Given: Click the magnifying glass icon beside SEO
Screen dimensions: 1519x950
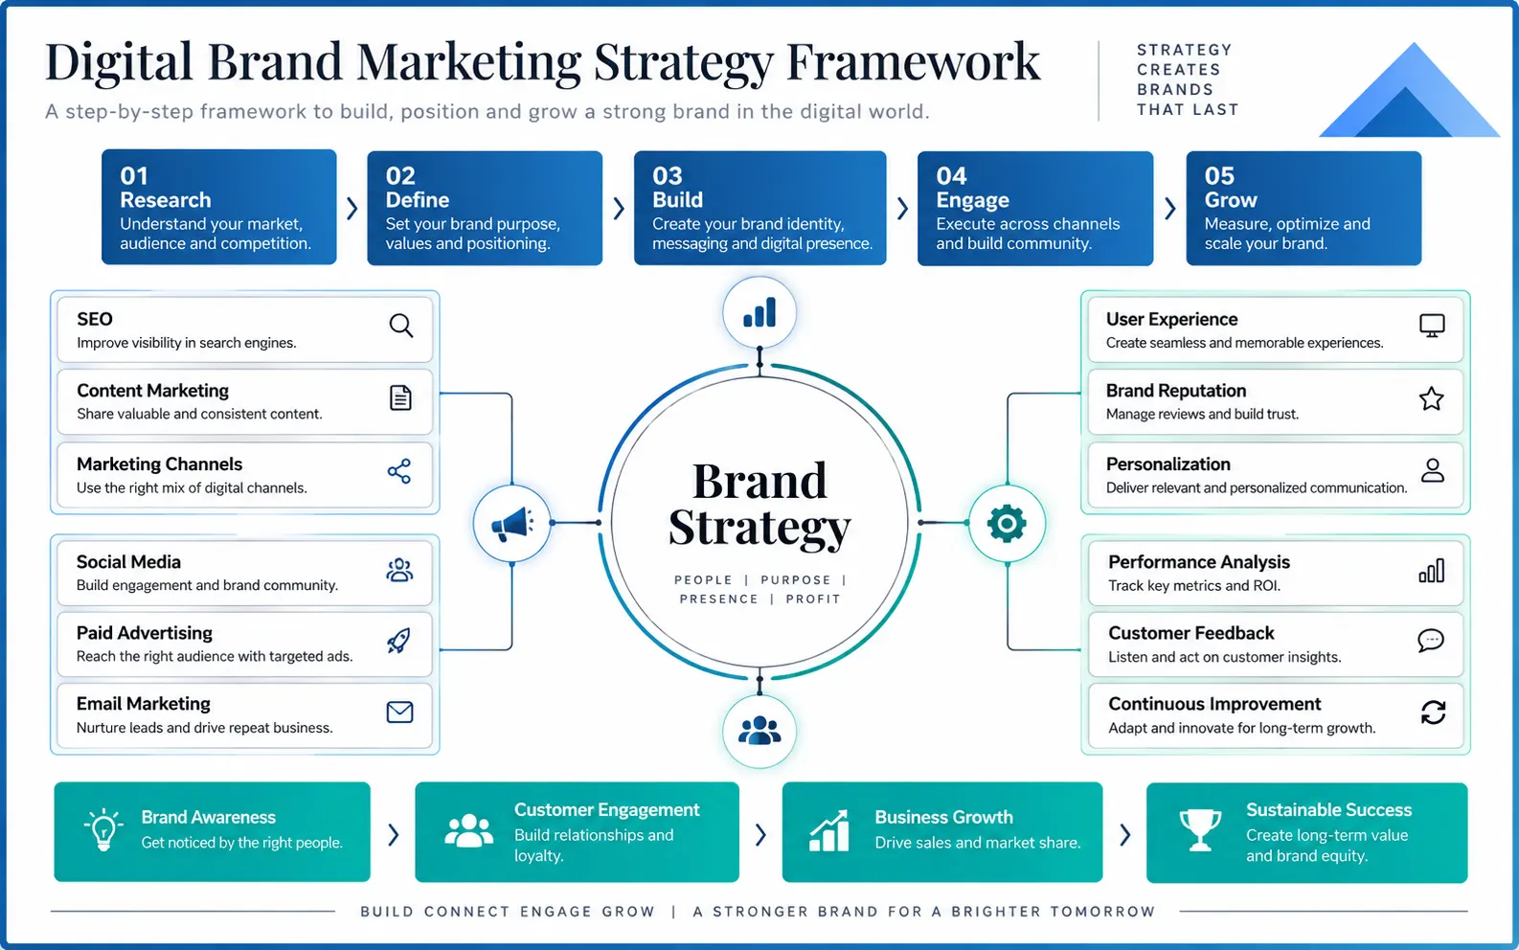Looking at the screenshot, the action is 400,326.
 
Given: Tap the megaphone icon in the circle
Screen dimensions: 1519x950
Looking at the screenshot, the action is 512,524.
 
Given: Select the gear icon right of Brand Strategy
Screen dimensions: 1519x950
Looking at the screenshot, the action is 1007,524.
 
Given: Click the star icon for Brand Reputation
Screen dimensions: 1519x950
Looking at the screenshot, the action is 1431,398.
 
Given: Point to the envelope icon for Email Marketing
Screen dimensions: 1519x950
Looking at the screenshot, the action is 399,712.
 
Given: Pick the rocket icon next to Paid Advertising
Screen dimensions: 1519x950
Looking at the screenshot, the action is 398,640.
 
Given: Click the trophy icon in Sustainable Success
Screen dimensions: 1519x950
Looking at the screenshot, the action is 1200,830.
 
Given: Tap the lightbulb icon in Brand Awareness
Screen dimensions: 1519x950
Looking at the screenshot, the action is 103,828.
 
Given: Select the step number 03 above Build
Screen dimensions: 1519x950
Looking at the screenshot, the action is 668,176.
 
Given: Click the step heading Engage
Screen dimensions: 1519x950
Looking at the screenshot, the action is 972,200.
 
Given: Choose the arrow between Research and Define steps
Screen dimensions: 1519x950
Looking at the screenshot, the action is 351,208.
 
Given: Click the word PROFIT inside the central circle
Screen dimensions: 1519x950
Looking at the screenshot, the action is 813,599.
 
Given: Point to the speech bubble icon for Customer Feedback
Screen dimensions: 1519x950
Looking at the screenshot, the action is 1431,640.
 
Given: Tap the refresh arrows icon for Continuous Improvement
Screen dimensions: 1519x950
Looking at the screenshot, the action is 1433,712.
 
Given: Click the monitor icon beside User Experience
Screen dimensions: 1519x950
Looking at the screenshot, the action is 1432,326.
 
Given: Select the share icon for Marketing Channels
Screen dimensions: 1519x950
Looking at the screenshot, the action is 399,470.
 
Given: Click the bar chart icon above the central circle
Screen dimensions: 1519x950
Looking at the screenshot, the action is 759,312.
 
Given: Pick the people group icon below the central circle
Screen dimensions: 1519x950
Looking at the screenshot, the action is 759,731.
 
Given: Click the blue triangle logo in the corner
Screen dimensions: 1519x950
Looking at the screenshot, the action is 1409,90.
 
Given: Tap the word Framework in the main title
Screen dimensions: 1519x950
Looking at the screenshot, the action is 913,62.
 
